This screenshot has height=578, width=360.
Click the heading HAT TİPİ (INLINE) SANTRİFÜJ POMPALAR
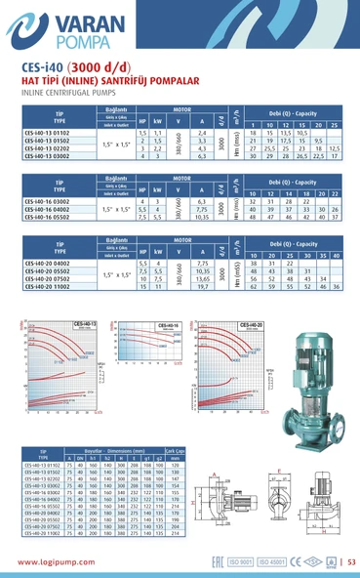tap(99, 82)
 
